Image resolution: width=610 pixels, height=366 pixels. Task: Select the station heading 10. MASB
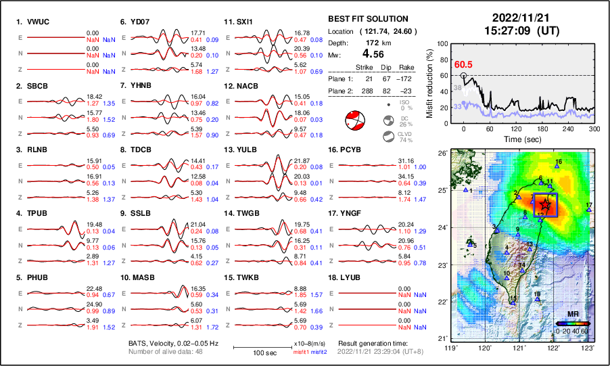coord(138,277)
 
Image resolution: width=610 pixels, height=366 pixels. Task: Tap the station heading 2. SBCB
coord(32,86)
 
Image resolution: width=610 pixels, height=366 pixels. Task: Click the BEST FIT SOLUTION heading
coord(367,19)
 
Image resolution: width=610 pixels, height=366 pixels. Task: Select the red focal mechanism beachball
coord(354,122)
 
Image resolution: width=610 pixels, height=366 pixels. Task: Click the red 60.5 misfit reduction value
coord(463,64)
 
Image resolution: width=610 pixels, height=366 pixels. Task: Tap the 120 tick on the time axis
coord(517,129)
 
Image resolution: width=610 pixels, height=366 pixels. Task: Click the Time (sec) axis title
coord(517,138)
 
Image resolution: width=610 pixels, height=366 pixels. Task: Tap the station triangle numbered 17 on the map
coord(588,210)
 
